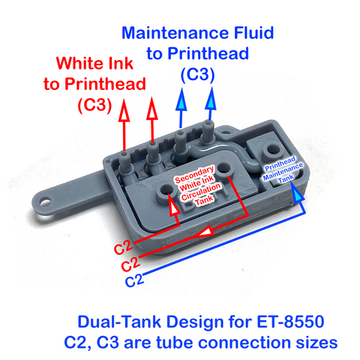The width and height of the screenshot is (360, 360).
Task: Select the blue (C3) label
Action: [x=197, y=75]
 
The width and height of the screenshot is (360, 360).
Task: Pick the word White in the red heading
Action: [x=84, y=64]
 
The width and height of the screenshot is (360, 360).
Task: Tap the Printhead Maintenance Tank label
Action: [x=281, y=171]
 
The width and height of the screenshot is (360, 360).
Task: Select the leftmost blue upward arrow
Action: [x=180, y=109]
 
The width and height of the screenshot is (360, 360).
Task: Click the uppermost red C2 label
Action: [x=124, y=247]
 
